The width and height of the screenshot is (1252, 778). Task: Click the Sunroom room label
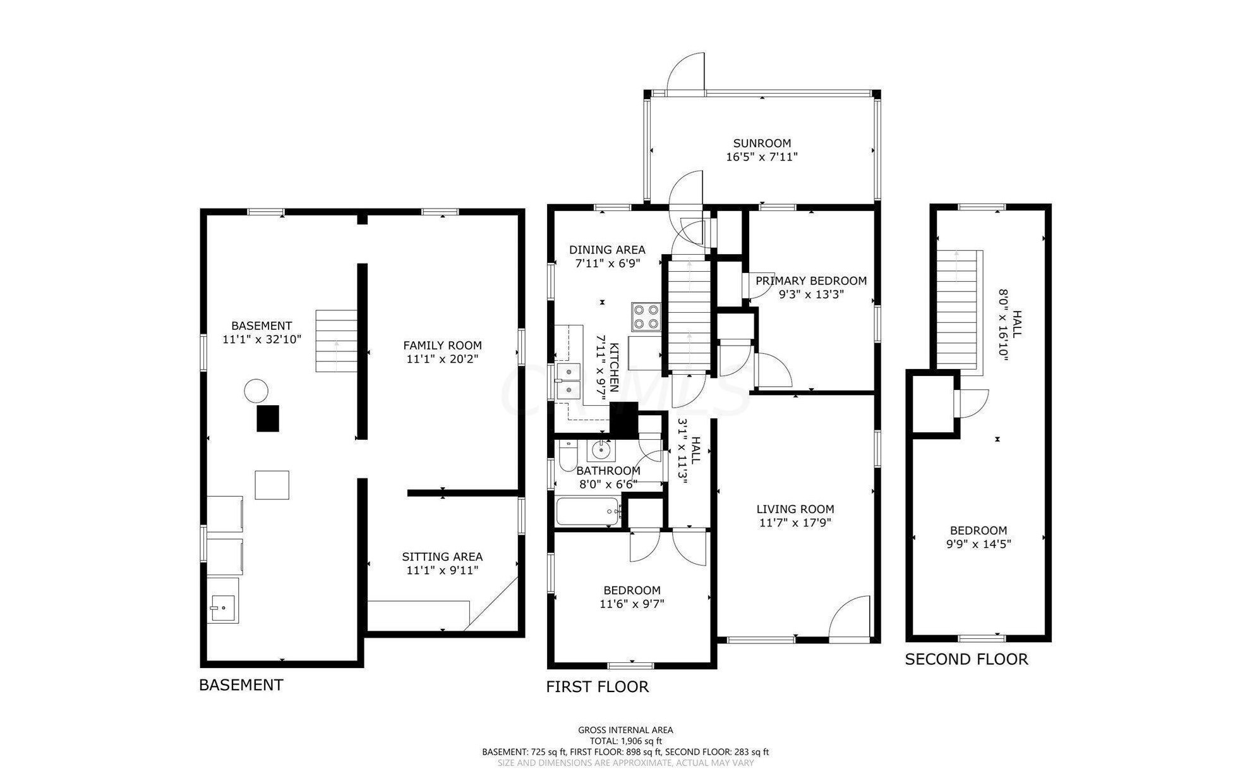tap(762, 143)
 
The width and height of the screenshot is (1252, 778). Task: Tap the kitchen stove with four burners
tap(646, 317)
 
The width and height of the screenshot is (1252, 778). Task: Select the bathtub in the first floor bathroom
tap(588, 511)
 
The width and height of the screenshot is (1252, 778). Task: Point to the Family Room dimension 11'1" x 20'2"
tap(442, 359)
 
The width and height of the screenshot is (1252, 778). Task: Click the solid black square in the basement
tap(268, 418)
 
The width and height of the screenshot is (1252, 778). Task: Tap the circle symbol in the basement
tap(256, 391)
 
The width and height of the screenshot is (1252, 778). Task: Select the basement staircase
tap(337, 341)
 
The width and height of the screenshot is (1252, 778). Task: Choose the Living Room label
tap(795, 509)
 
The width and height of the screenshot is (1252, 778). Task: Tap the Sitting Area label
tap(442, 557)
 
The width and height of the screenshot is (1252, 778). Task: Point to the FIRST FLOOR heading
tap(598, 687)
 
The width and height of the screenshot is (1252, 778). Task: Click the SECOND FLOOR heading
tap(966, 660)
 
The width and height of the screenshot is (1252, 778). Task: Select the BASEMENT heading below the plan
tap(241, 685)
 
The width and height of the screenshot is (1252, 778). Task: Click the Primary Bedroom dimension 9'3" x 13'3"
tap(811, 294)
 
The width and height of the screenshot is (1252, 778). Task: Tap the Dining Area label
tap(607, 250)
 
